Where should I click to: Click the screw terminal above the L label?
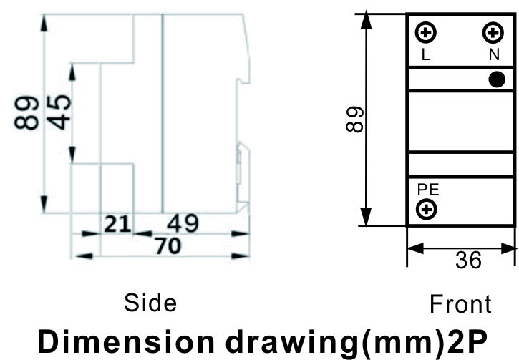pyautogui.click(x=426, y=32)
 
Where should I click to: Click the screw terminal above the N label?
pyautogui.click(x=493, y=32)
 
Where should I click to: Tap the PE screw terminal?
pyautogui.click(x=427, y=209)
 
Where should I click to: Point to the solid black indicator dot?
pyautogui.click(x=497, y=79)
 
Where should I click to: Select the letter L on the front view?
pyautogui.click(x=426, y=54)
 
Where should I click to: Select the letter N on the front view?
pyautogui.click(x=494, y=54)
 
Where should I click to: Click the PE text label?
pyautogui.click(x=428, y=190)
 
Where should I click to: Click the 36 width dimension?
pyautogui.click(x=468, y=260)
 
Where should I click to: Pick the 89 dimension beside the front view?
pyautogui.click(x=355, y=119)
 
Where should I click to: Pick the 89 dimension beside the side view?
pyautogui.click(x=26, y=112)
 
